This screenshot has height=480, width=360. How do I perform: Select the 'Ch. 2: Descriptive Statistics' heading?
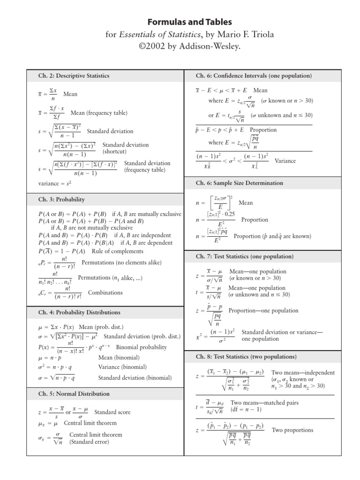pos(74,75)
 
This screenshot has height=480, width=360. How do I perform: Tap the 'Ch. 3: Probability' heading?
pos(61,199)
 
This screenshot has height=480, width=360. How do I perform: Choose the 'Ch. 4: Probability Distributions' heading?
pos(79,312)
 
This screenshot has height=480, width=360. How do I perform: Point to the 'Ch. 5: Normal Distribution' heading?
pos(74,394)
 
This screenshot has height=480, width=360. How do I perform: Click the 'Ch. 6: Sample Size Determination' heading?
pos(239,183)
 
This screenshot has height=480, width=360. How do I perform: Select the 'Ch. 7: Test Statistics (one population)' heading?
pos(245,256)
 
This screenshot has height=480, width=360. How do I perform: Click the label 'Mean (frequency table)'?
pos(98,113)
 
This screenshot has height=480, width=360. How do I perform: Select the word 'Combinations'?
pos(105,292)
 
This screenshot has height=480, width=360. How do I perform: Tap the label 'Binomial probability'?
pos(141,347)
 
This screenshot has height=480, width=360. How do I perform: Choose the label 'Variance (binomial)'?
pos(122,367)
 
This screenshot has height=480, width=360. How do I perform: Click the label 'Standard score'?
pos(112,412)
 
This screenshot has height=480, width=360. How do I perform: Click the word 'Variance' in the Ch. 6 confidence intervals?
pos(285,161)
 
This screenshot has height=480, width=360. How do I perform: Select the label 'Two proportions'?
pos(292,430)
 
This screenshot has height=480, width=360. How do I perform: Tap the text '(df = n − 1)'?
pos(246,409)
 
